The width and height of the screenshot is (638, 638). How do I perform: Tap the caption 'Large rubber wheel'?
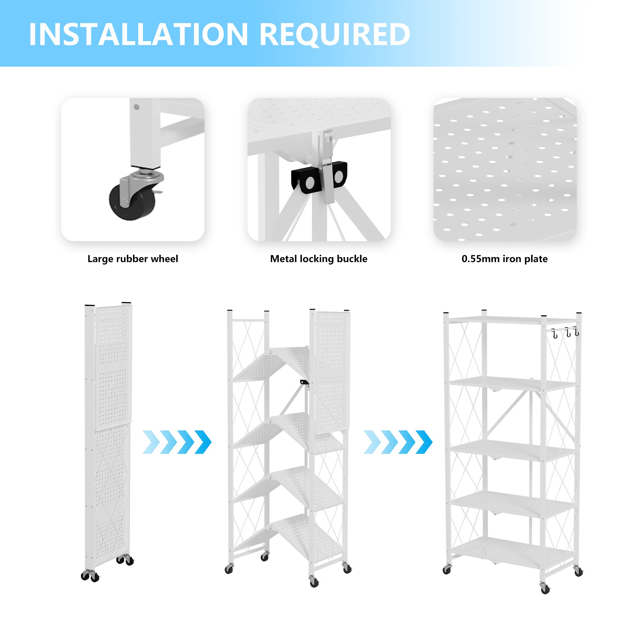coord(133,259)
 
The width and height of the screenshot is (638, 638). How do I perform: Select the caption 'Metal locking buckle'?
coord(319,259)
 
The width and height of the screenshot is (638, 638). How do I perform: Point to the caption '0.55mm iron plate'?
coord(505,259)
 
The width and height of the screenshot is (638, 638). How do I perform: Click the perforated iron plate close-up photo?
coord(505,169)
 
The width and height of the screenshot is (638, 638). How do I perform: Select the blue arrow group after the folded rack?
coord(177,442)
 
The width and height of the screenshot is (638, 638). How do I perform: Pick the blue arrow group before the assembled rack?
coord(398,442)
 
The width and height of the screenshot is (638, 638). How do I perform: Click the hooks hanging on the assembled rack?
coord(566,332)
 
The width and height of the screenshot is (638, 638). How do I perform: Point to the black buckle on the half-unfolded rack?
coord(304,382)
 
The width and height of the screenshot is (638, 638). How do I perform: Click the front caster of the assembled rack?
coord(545,588)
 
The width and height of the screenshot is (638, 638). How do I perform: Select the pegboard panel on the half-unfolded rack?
coord(332,372)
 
